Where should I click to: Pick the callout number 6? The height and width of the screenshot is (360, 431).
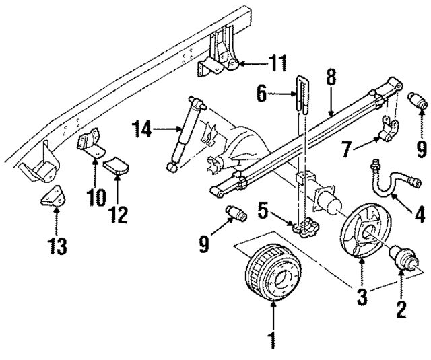coord(263,94)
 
